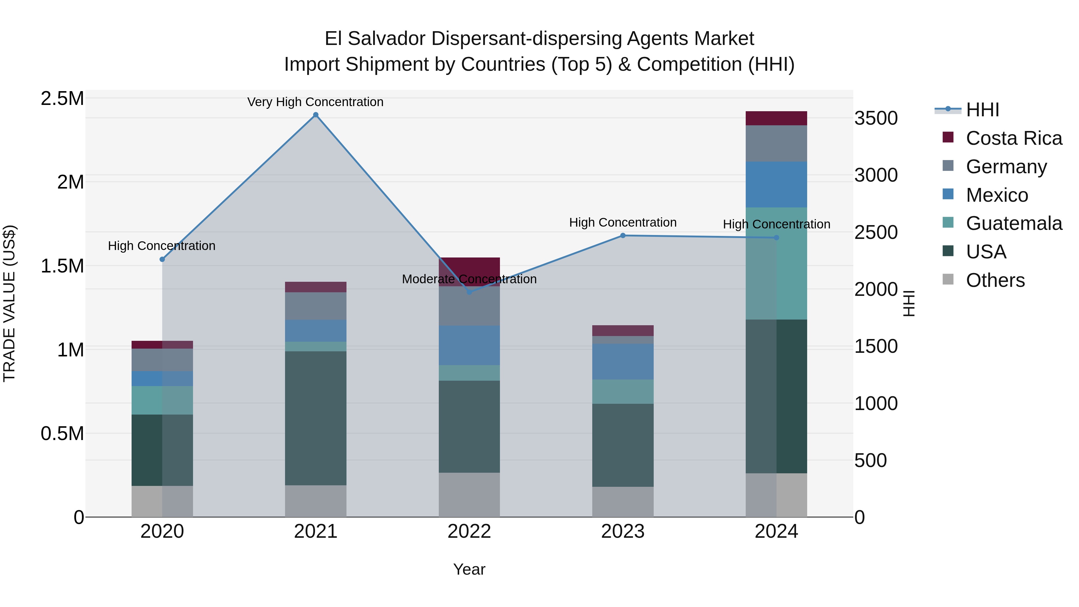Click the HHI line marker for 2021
pyautogui.click(x=316, y=115)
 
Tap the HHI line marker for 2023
pyautogui.click(x=623, y=235)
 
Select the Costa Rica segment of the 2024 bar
pyautogui.click(x=776, y=118)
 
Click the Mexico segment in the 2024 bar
pyautogui.click(x=776, y=184)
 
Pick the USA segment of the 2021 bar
pyautogui.click(x=316, y=418)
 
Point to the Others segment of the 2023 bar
pyautogui.click(x=623, y=501)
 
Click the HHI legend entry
pyautogui.click(x=982, y=110)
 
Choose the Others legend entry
pyautogui.click(x=995, y=280)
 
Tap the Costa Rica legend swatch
pyautogui.click(x=948, y=137)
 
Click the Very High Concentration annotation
pyautogui.click(x=315, y=102)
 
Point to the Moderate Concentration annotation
pyautogui.click(x=469, y=279)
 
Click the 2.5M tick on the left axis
pyautogui.click(x=62, y=99)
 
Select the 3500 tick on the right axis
pyautogui.click(x=876, y=118)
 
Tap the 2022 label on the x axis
pyautogui.click(x=469, y=531)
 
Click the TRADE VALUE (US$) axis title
pyautogui.click(x=9, y=304)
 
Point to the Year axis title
pyautogui.click(x=469, y=569)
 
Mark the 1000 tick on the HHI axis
pyautogui.click(x=876, y=403)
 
